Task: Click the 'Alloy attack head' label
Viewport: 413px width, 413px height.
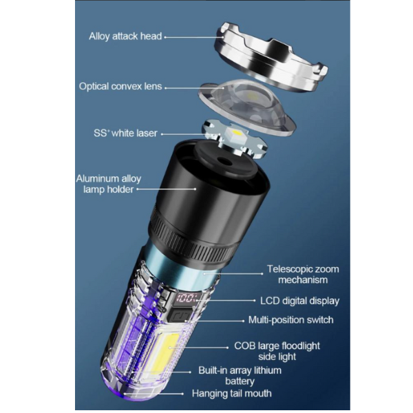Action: pos(125,36)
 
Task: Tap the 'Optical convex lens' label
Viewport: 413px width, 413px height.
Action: pos(120,87)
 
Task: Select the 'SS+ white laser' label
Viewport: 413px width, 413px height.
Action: pos(125,134)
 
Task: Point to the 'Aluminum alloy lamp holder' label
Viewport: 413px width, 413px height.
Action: pos(109,184)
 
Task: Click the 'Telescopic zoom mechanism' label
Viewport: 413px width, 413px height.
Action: pos(303,275)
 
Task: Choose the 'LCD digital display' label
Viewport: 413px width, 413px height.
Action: pos(299,301)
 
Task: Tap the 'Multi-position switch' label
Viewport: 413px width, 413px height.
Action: pos(290,320)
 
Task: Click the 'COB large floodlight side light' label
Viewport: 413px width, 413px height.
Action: pos(277,351)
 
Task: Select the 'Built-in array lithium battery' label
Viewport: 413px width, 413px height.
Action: pos(240,376)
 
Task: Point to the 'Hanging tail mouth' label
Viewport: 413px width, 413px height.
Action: pos(231,394)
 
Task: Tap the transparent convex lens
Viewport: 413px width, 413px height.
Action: pos(247,107)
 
